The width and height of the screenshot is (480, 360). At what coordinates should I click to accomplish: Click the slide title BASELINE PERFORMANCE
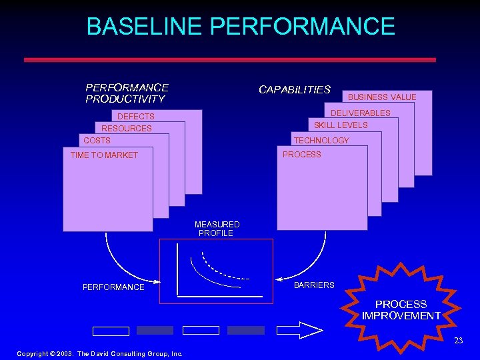(240, 27)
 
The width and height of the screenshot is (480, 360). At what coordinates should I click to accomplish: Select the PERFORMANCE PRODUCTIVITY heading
(127, 93)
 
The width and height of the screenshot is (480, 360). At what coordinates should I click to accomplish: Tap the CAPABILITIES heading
(294, 89)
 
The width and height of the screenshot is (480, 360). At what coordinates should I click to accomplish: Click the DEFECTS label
(136, 117)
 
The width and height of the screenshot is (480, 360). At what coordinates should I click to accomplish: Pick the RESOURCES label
(127, 128)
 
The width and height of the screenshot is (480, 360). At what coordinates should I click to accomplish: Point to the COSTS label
(97, 141)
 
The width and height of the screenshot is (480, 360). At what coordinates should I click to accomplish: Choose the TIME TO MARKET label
(104, 155)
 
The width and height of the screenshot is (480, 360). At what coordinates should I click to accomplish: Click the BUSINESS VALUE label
(382, 97)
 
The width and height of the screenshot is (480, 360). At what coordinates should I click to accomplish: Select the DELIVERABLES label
(361, 113)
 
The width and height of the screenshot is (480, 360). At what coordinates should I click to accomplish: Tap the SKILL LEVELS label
(341, 125)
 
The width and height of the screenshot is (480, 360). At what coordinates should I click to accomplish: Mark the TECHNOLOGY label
(321, 141)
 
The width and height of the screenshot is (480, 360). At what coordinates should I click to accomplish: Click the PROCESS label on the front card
(302, 155)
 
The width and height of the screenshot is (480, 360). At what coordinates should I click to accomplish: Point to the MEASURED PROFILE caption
(217, 229)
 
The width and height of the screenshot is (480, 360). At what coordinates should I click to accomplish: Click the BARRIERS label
(314, 285)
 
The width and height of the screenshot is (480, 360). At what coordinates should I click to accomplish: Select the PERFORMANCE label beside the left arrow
(113, 287)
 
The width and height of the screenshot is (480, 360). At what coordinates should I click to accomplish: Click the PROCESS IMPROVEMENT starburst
(401, 309)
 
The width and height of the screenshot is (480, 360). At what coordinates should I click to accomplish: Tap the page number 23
(458, 341)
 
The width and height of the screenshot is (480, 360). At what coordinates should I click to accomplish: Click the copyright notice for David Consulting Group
(100, 353)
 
